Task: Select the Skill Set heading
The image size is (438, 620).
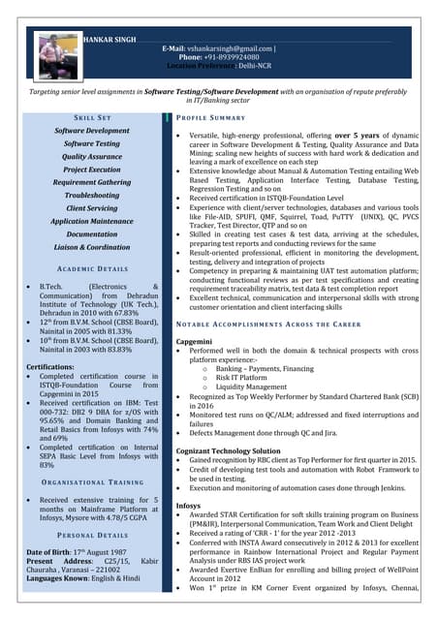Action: click(92, 117)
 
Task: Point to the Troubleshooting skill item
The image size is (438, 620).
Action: click(92, 195)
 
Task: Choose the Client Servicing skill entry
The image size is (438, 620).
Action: click(92, 207)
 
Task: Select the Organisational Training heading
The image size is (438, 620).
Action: click(92, 481)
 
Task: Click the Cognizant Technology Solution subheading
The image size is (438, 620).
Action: click(228, 450)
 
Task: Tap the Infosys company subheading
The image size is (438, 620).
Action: click(189, 505)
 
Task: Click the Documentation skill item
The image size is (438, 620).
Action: click(92, 233)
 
